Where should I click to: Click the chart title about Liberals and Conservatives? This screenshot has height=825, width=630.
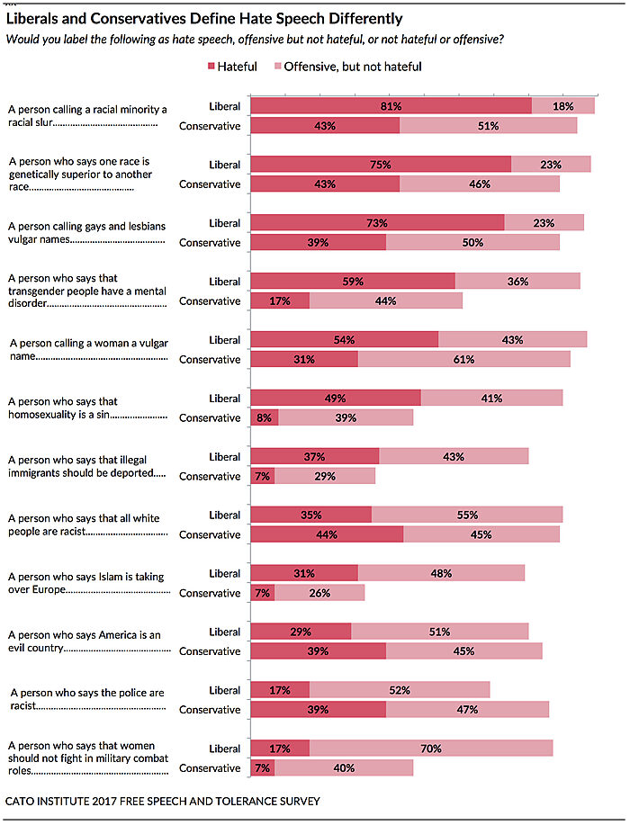click(x=204, y=18)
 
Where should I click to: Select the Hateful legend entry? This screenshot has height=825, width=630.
click(x=233, y=66)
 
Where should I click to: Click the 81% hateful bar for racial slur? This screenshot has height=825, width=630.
click(x=391, y=106)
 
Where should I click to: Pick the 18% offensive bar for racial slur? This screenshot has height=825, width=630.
click(x=563, y=106)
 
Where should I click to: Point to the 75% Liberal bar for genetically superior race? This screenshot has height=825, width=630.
click(x=380, y=165)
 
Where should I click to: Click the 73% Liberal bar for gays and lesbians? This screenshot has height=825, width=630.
click(x=377, y=223)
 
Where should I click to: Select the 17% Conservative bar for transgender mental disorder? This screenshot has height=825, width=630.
click(x=279, y=301)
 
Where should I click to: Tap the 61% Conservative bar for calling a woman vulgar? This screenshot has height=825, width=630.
click(x=464, y=360)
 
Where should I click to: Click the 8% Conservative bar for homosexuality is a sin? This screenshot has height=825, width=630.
click(x=265, y=418)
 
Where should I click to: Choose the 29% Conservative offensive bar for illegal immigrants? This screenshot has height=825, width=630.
click(x=325, y=477)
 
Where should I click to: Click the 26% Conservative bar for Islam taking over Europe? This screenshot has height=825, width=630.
click(x=319, y=594)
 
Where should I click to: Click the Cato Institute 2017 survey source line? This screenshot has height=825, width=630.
click(x=163, y=801)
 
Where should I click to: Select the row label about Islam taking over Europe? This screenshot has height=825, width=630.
click(x=85, y=581)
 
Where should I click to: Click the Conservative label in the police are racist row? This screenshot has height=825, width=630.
click(x=210, y=710)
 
